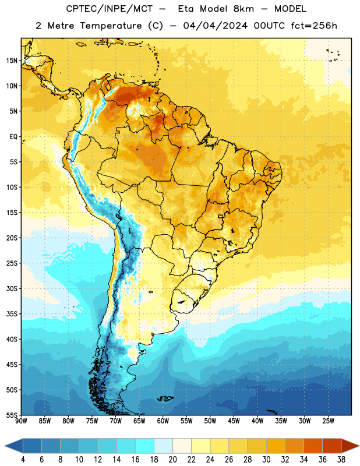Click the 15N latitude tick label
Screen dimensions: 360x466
pos(12,61)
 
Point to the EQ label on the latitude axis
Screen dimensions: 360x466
pos(13,137)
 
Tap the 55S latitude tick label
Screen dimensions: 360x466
pos(12,415)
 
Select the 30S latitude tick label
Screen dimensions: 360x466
pos(12,288)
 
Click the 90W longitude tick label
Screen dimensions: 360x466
pos(21,421)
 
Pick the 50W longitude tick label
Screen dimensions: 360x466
pos(210,421)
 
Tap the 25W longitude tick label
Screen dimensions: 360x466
pos(328,421)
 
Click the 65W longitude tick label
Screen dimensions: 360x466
pos(139,421)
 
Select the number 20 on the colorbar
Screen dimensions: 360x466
pos(172,460)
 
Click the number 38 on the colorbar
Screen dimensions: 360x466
pos(341,460)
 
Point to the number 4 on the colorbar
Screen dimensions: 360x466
pos(23,460)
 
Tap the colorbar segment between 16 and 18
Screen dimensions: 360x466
pos(144,446)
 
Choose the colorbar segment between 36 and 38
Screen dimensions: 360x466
pos(332,446)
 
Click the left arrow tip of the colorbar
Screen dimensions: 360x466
pos(5,446)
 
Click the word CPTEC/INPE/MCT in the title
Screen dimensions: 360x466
pos(109,9)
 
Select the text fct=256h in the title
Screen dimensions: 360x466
pos(314,26)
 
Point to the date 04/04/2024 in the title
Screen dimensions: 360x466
pos(216,26)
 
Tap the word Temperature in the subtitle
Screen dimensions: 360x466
pos(111,26)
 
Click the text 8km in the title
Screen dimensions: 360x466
pos(243,9)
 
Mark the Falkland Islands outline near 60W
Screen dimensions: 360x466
pos(165,398)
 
